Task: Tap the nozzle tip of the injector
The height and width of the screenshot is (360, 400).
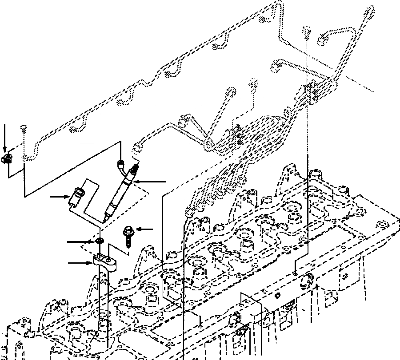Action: pyautogui.click(x=106, y=219)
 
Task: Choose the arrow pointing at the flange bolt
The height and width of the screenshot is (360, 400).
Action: pyautogui.click(x=144, y=229)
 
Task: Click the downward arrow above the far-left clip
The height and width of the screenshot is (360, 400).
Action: pyautogui.click(x=4, y=138)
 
